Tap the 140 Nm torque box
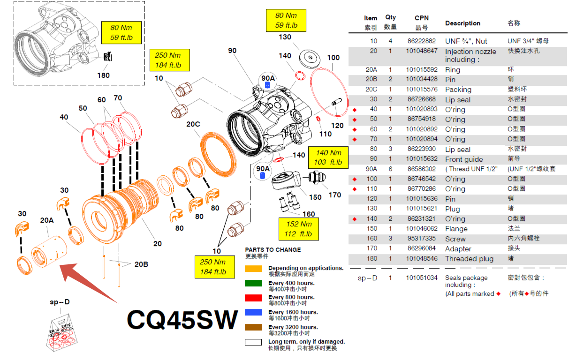click(x=328, y=157)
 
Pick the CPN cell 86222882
click(x=421, y=41)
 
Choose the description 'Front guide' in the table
click(x=464, y=159)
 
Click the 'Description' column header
click(x=462, y=23)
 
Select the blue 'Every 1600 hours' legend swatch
click(x=253, y=313)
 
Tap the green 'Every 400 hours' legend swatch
click(x=253, y=283)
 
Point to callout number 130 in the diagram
click(x=285, y=37)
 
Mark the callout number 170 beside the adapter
click(x=334, y=195)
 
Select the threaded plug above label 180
click(x=109, y=57)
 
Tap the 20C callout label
click(x=193, y=124)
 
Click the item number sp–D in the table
click(x=368, y=278)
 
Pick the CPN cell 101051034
click(x=421, y=278)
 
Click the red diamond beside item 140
click(x=355, y=219)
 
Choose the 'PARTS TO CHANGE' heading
click(x=273, y=250)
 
